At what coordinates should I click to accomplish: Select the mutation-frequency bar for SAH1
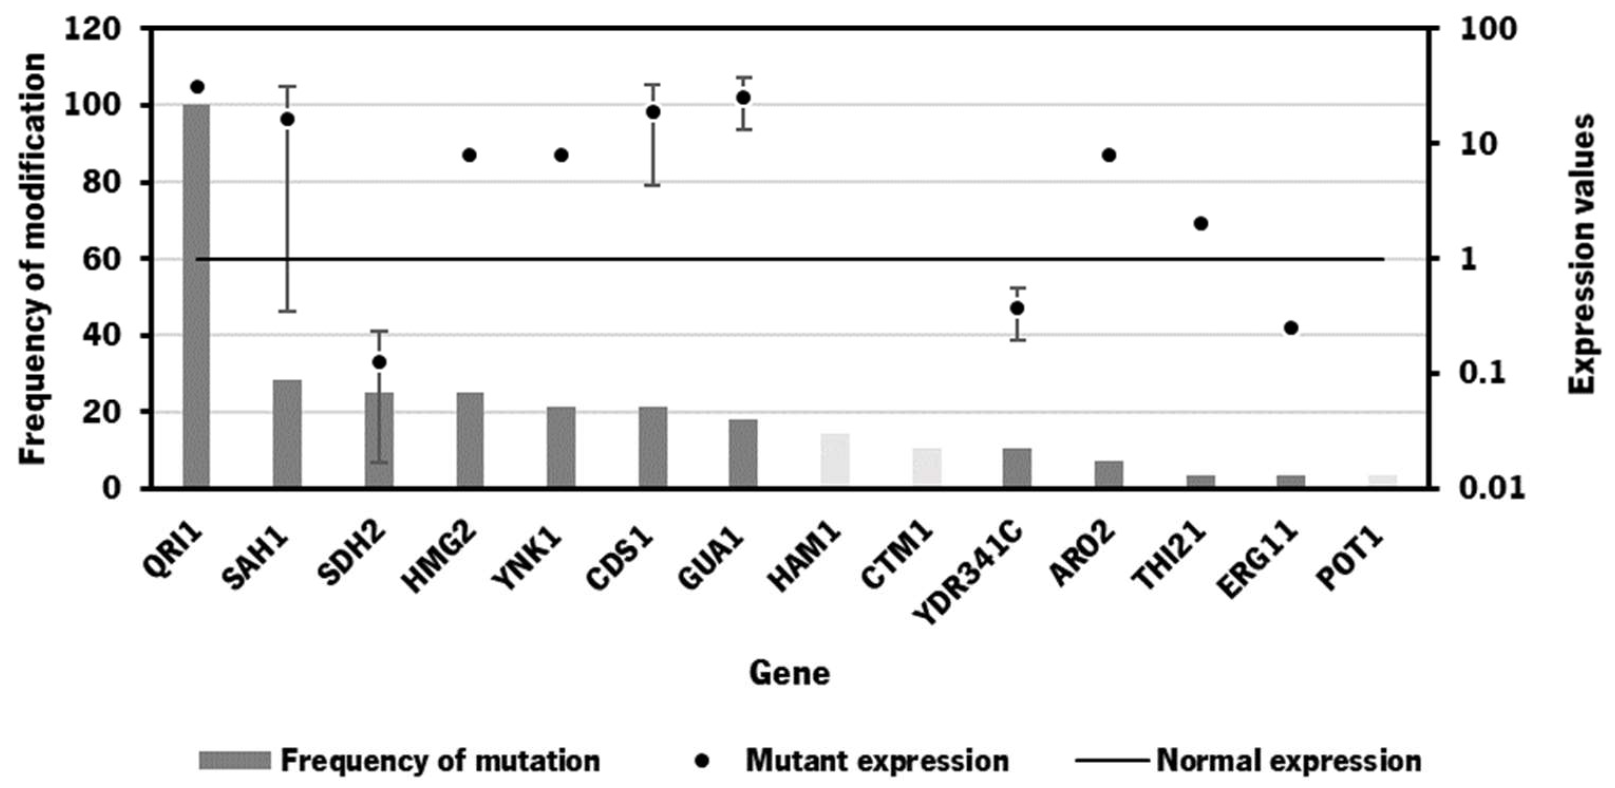coord(287,433)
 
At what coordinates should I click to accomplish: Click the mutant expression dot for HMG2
coord(469,155)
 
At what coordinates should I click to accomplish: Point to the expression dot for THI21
coord(1201,224)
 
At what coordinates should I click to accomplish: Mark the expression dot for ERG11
coord(1291,328)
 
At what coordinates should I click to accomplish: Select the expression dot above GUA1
coord(743,98)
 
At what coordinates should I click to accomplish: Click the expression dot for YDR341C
coord(1017,308)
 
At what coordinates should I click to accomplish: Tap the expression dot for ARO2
coord(1109,155)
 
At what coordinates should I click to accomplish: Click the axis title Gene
coord(789,674)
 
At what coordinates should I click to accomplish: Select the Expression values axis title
coord(1583,254)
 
